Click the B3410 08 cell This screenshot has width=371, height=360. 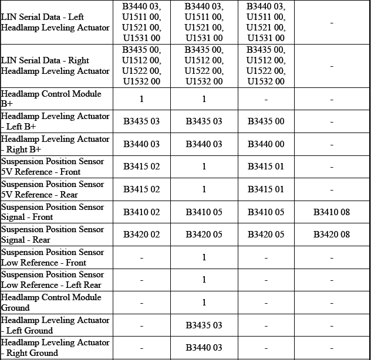[331, 212]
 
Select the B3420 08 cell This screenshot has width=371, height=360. [331, 235]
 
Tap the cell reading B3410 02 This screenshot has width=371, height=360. [141, 212]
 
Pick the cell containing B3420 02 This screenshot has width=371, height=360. [141, 235]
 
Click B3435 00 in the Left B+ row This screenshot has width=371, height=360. [266, 122]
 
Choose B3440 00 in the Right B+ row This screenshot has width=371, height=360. [266, 144]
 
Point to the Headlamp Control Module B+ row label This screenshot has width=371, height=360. [51, 99]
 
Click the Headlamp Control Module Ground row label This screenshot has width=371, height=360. [51, 303]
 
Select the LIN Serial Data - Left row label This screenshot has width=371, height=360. [55, 22]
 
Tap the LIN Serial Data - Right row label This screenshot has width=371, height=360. [55, 66]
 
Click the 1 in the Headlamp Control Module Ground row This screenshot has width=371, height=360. [204, 303]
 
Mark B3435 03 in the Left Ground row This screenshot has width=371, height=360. [204, 325]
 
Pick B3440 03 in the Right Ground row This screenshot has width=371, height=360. [204, 348]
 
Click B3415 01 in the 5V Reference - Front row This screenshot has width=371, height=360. [266, 167]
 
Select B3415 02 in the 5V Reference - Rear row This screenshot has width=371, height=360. [141, 189]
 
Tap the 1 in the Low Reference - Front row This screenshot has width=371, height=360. [204, 257]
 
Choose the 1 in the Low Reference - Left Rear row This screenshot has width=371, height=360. [204, 280]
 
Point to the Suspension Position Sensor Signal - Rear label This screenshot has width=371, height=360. [52, 235]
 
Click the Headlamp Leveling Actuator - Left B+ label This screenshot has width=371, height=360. [55, 121]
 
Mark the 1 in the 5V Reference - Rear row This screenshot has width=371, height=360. [204, 189]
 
